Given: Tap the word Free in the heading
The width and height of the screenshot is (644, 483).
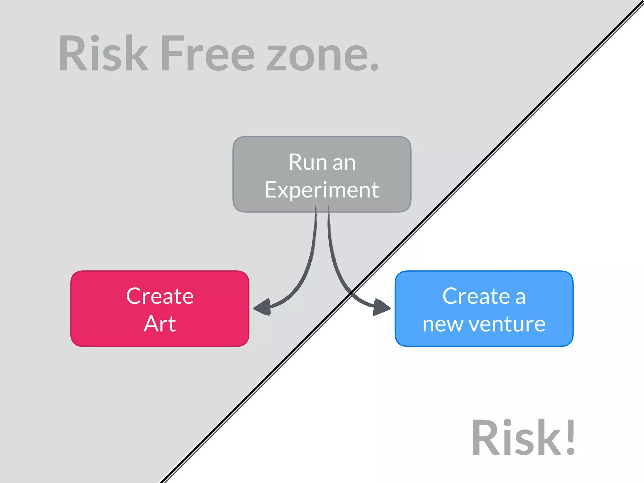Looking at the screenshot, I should pos(208,53).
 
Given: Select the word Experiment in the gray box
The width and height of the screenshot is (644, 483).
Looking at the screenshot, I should pos(322,190).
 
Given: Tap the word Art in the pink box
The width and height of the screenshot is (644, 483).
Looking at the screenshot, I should pos(160,324).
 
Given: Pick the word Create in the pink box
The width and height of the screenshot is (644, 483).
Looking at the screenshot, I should pos(160,296).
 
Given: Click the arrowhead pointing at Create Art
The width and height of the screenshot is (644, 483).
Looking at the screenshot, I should pos(263,307).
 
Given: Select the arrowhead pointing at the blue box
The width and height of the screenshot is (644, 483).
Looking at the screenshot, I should pos(381,307).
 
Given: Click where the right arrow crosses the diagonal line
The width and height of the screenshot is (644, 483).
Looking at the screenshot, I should pos(351,292).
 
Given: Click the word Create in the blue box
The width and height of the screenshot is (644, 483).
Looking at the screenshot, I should pos(476,296).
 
